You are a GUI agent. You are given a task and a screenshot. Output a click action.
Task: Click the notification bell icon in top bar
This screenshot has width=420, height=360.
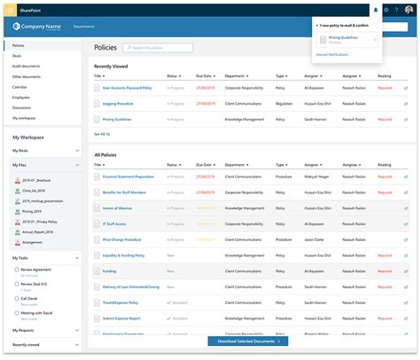375,10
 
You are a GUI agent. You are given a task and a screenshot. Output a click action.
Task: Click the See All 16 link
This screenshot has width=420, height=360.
102,134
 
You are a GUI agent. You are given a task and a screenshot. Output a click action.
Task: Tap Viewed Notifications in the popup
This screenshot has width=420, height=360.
332,55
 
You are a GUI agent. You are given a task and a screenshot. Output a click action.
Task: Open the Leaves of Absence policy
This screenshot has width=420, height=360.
117,207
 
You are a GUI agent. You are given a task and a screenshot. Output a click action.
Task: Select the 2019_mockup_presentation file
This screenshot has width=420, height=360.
45,201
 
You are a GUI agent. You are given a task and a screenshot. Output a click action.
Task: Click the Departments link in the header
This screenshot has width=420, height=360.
84,27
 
